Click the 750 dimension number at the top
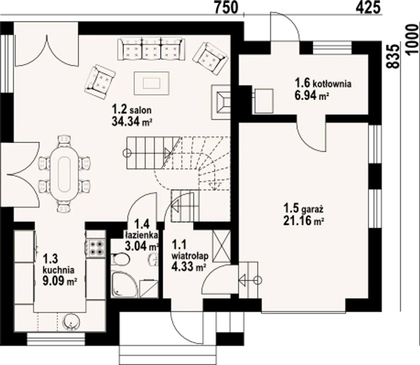(226, 8)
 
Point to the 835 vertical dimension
(393, 56)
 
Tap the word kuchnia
(58, 270)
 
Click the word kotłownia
(332, 84)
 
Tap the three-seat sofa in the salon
(151, 49)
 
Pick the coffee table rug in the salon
(152, 83)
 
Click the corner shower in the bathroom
(124, 285)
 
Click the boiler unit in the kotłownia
(263, 101)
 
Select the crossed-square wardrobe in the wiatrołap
(222, 246)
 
